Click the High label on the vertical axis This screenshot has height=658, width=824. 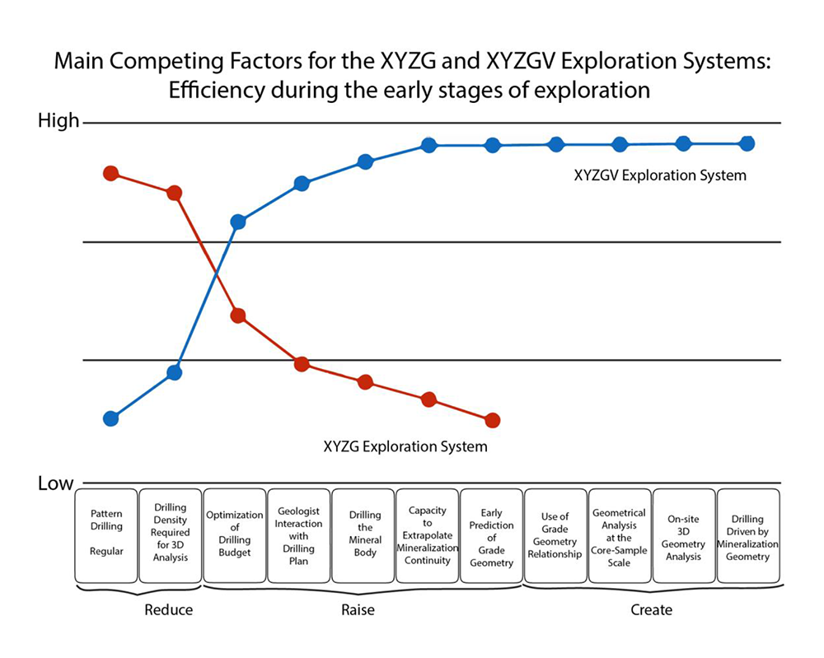(x=59, y=121)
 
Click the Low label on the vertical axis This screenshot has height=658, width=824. (x=56, y=483)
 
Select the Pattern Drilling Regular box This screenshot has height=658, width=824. (x=106, y=537)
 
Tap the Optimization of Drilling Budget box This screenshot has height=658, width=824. (x=234, y=537)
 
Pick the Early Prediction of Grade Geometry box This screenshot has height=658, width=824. (x=492, y=537)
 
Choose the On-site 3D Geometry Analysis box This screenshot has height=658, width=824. (x=684, y=537)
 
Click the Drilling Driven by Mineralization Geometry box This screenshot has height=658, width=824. (x=748, y=537)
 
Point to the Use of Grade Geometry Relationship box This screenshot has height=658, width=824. (x=555, y=537)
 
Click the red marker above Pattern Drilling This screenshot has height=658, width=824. (x=110, y=173)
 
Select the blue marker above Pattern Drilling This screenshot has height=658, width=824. (x=110, y=418)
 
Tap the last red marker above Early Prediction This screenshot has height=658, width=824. (x=492, y=420)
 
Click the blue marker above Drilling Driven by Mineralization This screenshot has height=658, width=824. (x=747, y=143)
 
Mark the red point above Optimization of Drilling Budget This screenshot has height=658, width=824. (x=238, y=315)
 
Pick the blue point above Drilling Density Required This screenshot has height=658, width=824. (x=174, y=372)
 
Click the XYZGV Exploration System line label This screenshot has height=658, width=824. (x=660, y=175)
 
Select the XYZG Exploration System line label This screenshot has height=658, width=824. (x=405, y=447)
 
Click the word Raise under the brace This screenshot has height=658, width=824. (x=358, y=610)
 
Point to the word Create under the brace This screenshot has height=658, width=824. (x=651, y=610)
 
